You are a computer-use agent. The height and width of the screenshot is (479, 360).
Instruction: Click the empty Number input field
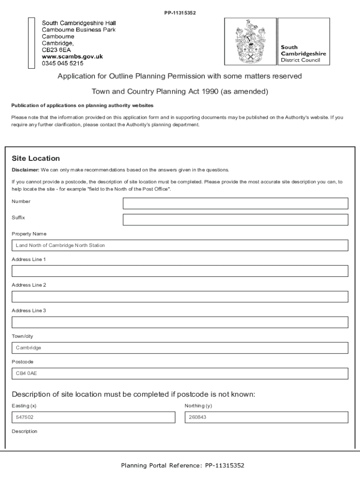(x=235, y=203)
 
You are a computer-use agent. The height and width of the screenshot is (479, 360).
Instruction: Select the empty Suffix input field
(x=235, y=220)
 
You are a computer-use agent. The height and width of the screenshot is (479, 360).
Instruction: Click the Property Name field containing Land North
(x=180, y=246)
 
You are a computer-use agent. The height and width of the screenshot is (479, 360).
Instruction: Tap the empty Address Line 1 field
(x=180, y=271)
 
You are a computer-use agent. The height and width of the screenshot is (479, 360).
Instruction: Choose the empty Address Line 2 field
(x=180, y=297)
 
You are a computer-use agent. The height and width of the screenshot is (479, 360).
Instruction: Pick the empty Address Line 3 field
(x=180, y=322)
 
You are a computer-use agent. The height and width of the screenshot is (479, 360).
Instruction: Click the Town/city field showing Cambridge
(x=180, y=348)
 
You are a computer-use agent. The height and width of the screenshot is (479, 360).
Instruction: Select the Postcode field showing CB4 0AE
(x=180, y=374)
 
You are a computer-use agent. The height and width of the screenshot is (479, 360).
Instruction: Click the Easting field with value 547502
(x=93, y=417)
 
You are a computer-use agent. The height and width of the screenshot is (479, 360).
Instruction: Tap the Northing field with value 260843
(x=266, y=417)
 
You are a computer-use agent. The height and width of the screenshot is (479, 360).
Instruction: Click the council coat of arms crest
(x=250, y=42)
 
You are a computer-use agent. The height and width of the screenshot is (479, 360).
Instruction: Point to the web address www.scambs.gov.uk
(x=72, y=57)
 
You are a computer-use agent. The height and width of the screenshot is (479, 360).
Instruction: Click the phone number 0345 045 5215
(x=63, y=63)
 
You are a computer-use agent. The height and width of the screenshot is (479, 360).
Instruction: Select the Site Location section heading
(x=36, y=159)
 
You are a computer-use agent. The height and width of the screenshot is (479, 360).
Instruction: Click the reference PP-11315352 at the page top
(x=180, y=13)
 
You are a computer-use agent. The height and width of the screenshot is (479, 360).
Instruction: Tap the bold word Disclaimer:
(x=25, y=170)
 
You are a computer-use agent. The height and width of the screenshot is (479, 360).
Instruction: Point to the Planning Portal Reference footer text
(x=182, y=465)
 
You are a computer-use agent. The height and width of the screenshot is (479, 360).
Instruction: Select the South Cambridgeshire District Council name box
(x=303, y=53)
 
